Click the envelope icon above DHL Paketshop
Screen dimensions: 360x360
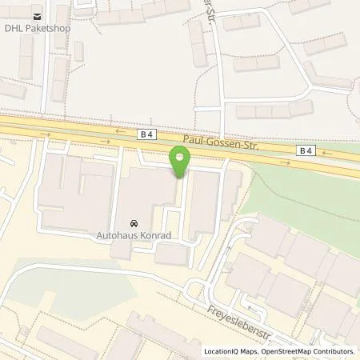point(35,14)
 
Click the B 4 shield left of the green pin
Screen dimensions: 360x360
point(145,136)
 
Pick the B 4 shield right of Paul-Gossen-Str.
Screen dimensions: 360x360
point(306,150)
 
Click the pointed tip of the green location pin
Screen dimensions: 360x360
point(180,178)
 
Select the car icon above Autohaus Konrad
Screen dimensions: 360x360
point(133,222)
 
